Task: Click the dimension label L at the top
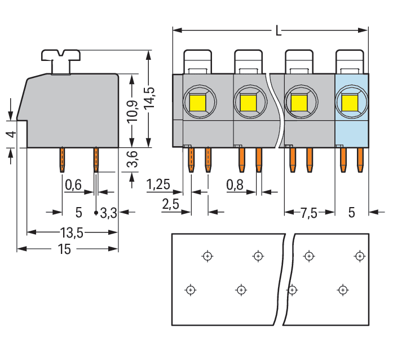(278, 32)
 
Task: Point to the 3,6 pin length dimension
(131, 164)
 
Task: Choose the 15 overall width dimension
(64, 249)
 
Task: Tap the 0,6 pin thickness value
(74, 184)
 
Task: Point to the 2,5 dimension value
(171, 204)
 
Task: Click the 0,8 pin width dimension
(235, 184)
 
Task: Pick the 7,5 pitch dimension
(309, 213)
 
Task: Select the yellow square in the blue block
(350, 103)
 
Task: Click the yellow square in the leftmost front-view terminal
(197, 103)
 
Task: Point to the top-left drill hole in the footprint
(207, 256)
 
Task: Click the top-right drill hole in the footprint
(359, 256)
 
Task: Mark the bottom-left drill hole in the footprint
(191, 290)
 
